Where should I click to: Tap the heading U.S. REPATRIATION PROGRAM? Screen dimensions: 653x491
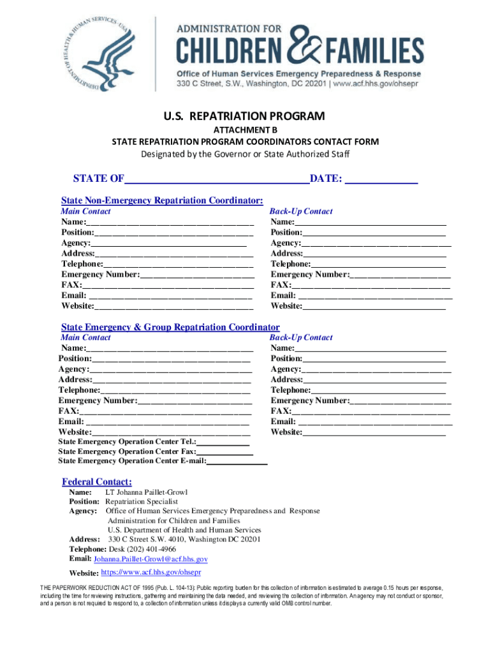click(x=245, y=117)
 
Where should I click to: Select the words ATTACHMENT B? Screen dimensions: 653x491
click(x=245, y=130)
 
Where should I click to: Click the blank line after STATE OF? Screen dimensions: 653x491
click(x=217, y=180)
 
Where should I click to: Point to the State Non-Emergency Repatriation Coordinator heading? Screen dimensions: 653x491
click(x=162, y=200)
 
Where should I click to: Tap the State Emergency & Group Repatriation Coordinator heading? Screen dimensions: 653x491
click(x=170, y=327)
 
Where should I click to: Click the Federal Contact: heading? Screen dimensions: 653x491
click(x=97, y=481)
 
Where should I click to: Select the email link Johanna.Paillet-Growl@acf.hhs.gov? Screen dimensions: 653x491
click(x=150, y=559)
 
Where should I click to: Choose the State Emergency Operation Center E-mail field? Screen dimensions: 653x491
click(x=237, y=461)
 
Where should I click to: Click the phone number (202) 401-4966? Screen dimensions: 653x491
click(x=149, y=548)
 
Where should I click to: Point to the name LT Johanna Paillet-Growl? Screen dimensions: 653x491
click(x=146, y=493)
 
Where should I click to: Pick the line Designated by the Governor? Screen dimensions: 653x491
click(x=245, y=154)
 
